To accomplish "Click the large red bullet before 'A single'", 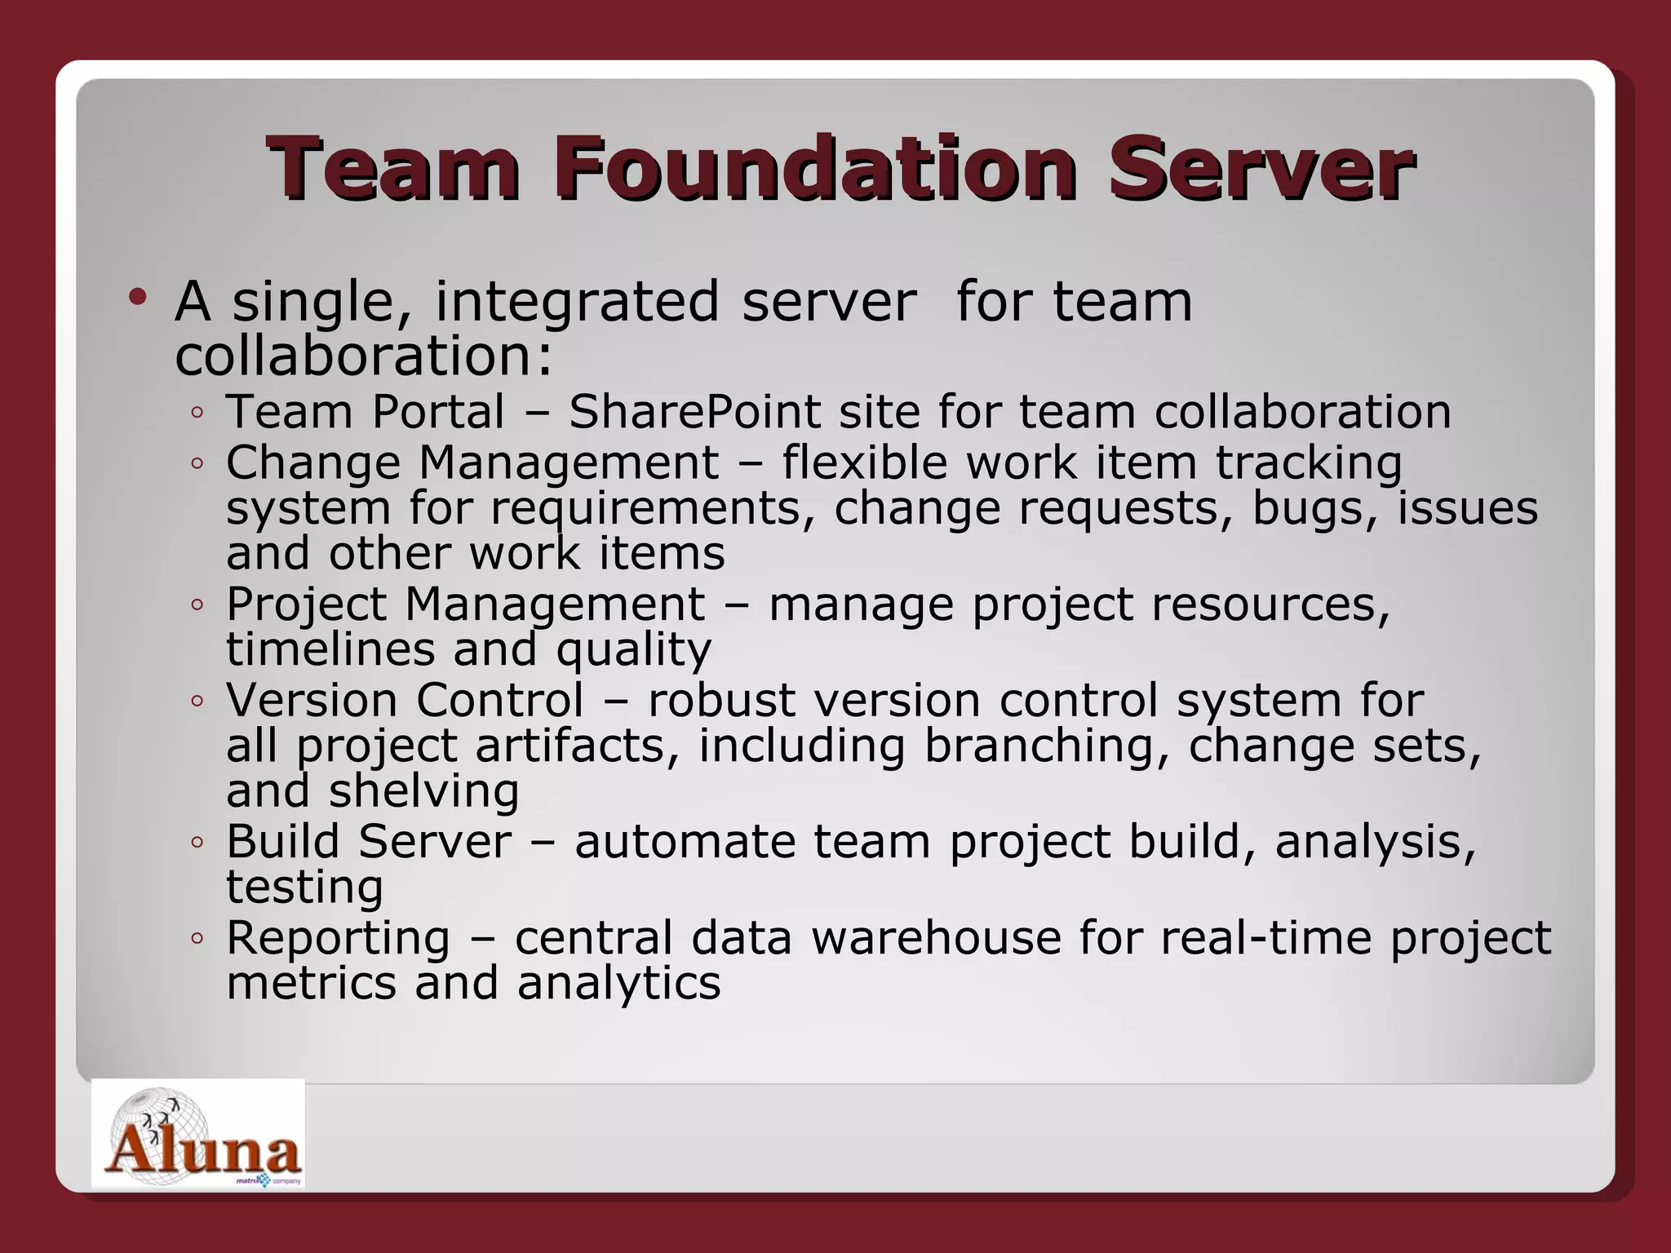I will click(x=138, y=297).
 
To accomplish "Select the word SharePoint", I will click(x=694, y=411).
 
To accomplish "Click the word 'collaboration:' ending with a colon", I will click(x=364, y=356).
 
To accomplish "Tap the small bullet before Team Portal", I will click(x=197, y=413).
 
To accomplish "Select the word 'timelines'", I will click(x=331, y=649).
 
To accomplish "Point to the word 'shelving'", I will click(x=423, y=790).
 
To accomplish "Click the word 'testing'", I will click(x=304, y=887).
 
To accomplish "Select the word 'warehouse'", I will click(x=936, y=937).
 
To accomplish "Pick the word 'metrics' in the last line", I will click(x=311, y=983).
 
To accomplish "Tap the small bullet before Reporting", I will click(x=197, y=939).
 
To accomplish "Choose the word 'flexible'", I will click(x=864, y=463).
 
